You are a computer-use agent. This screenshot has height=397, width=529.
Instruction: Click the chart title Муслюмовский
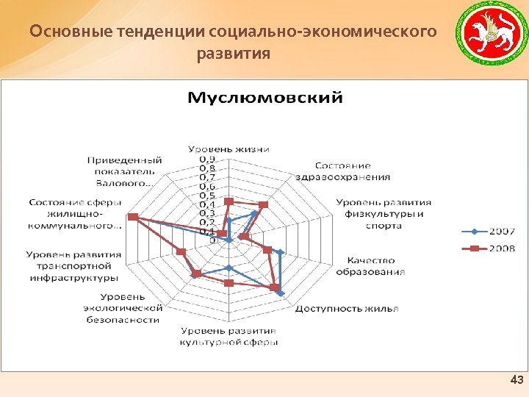(x=265, y=97)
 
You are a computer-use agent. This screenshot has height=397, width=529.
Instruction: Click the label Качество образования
(x=371, y=265)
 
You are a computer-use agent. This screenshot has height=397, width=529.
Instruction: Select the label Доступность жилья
(x=347, y=308)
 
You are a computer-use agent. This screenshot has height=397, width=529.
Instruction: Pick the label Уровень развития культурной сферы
(x=229, y=337)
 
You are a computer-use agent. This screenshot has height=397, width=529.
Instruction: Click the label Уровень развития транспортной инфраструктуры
(x=73, y=266)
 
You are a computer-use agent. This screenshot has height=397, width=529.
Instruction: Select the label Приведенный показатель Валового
(x=124, y=171)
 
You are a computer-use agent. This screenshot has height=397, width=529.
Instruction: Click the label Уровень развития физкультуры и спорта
(x=384, y=213)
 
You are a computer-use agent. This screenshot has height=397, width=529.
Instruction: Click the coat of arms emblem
(x=488, y=37)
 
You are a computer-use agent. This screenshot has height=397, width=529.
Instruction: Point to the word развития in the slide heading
(x=234, y=54)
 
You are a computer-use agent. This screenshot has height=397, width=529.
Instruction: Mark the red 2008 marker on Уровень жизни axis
(x=228, y=201)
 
